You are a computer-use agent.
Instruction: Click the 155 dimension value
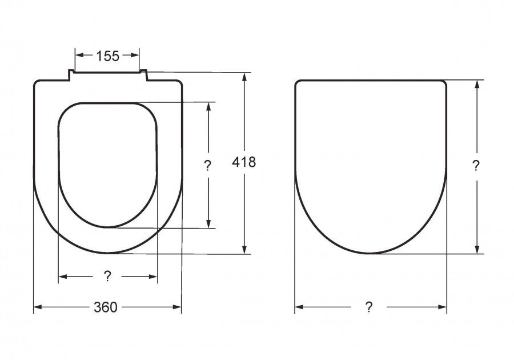pos(107,56)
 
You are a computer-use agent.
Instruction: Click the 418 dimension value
pos(244,162)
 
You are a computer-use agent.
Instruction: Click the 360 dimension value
pos(105,307)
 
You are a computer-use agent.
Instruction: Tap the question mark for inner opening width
pos(107,277)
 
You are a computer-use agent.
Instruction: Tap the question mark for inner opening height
pos(208,166)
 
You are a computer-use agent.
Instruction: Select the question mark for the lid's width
pos(369,307)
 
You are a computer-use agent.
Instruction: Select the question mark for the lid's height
pos(476,166)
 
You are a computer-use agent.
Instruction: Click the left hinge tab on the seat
pos(71,75)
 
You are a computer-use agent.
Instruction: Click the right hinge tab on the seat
pos(143,75)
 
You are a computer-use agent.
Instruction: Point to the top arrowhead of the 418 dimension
pos(244,77)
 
